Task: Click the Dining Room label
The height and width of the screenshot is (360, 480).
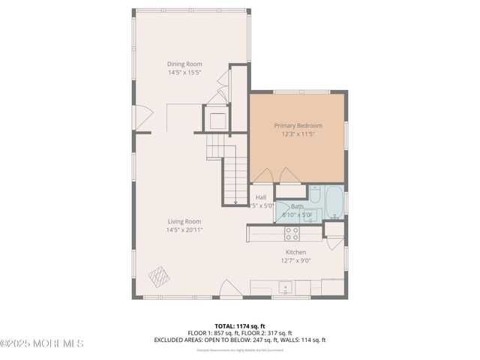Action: (184, 64)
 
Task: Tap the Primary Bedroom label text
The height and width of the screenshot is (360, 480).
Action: (298, 126)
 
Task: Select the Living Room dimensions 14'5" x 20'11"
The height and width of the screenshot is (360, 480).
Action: (184, 229)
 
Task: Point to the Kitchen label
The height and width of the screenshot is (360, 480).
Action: (295, 253)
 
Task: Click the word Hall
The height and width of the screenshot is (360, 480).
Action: (260, 197)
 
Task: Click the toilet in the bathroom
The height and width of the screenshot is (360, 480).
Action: (315, 196)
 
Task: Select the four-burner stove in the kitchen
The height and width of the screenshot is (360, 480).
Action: (291, 233)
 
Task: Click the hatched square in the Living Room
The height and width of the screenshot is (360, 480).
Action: (158, 277)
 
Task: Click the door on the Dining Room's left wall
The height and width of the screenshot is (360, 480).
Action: (142, 116)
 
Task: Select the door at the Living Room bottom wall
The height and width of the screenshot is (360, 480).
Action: (230, 289)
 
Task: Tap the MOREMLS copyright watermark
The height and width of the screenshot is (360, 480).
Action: (42, 343)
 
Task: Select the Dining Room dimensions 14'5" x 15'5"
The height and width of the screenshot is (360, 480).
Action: (184, 73)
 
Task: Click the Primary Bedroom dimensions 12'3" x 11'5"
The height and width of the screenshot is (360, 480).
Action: (298, 134)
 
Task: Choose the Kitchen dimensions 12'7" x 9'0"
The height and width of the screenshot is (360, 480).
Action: (295, 261)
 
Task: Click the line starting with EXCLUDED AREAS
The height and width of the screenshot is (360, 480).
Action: (240, 340)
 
